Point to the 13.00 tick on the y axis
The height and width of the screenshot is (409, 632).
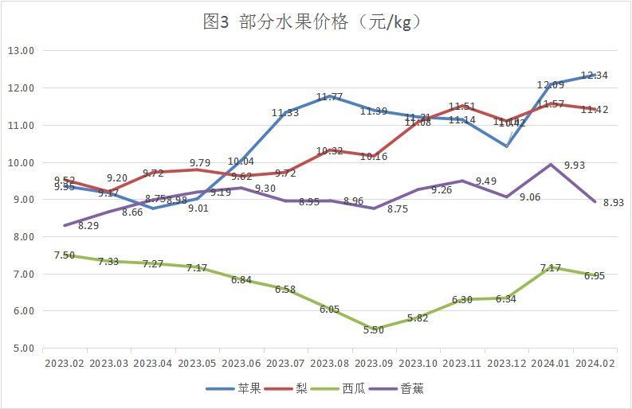[22, 50]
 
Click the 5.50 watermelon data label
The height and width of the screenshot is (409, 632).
[374, 330]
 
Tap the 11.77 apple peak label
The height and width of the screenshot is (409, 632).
[329, 97]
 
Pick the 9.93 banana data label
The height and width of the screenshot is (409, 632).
[575, 166]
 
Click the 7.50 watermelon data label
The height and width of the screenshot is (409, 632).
[65, 255]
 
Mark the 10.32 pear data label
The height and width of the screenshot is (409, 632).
[330, 150]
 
